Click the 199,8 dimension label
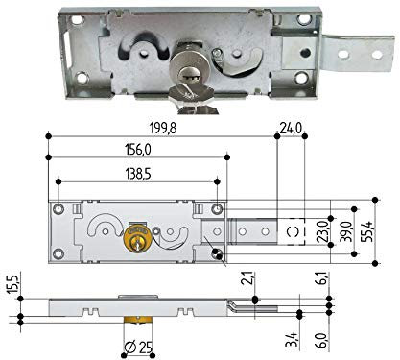click(163, 129)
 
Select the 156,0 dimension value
click(137, 150)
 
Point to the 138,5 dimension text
click(137, 175)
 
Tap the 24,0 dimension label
click(291, 129)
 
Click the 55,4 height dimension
click(368, 231)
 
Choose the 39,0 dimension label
click(345, 231)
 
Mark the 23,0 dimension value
click(323, 231)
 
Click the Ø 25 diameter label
click(138, 348)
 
